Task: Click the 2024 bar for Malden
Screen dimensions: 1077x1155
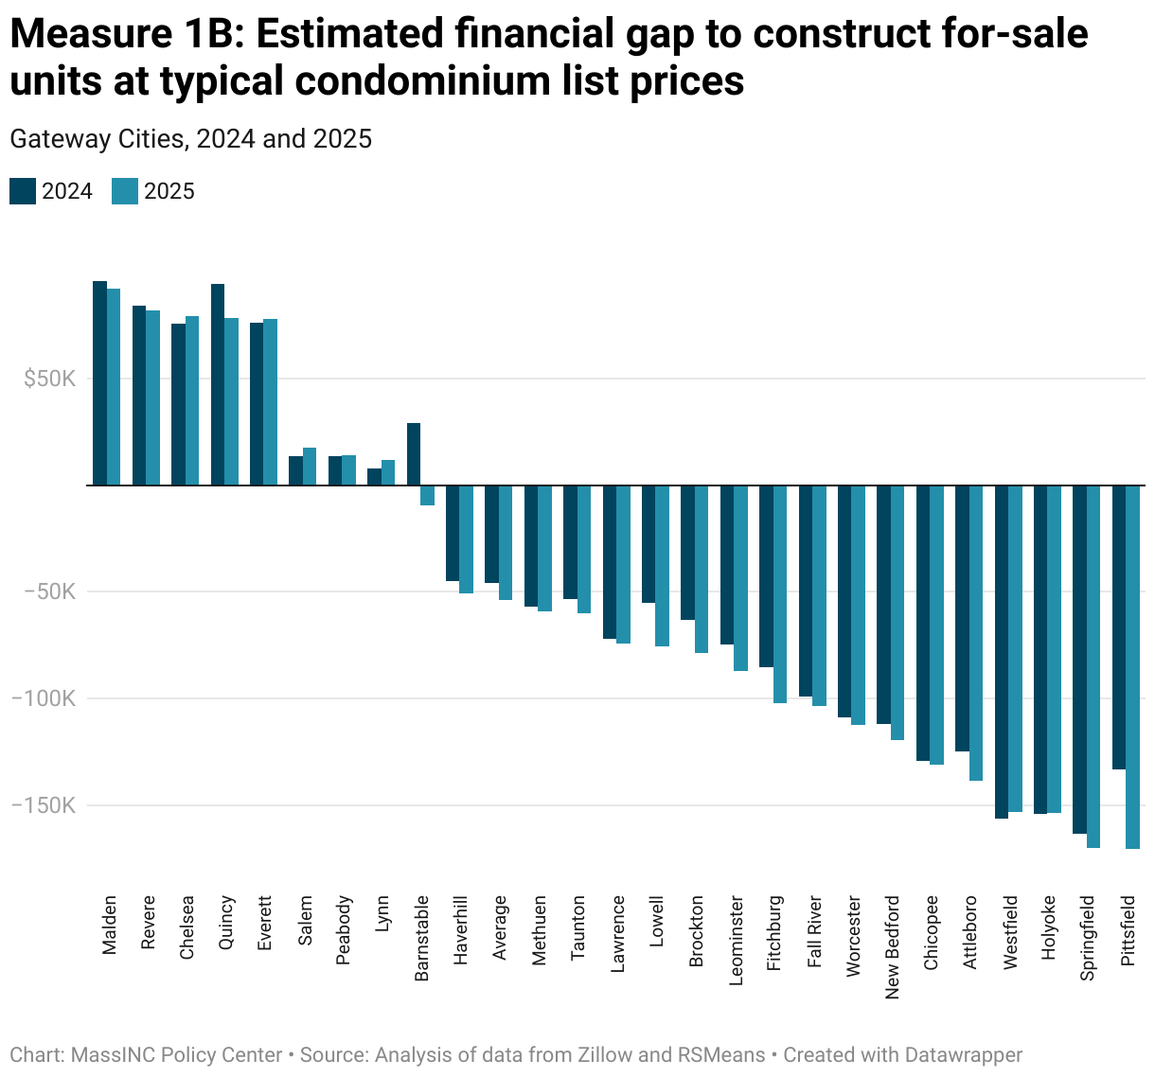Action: (x=99, y=383)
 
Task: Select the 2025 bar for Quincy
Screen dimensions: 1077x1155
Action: (x=231, y=402)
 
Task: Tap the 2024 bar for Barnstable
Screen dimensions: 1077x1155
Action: (x=414, y=454)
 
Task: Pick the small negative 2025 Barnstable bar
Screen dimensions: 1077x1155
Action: (x=427, y=495)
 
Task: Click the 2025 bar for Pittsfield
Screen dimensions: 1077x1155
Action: (x=1132, y=667)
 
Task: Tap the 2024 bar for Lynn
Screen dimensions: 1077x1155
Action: (x=374, y=477)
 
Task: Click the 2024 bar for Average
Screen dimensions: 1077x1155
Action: (x=491, y=534)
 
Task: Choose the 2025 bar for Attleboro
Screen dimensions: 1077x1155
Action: (x=976, y=633)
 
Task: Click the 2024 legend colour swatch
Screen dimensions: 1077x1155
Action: (x=23, y=191)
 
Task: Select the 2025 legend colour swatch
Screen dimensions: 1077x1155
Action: (x=125, y=191)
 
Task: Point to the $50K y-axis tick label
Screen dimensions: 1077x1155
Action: (x=50, y=380)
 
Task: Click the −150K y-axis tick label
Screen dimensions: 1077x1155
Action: (x=44, y=806)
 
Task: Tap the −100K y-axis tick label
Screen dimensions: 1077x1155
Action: (x=44, y=699)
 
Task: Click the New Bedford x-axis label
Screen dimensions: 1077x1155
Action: (x=892, y=947)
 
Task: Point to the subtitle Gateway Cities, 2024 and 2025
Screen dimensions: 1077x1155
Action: (x=190, y=139)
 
